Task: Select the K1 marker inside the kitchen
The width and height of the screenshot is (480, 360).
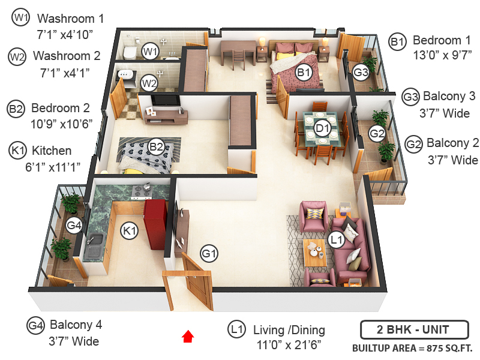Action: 130,231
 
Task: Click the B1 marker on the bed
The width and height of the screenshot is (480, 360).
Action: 304,73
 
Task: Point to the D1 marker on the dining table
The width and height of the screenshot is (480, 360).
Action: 323,128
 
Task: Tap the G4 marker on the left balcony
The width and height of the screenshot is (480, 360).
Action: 74,226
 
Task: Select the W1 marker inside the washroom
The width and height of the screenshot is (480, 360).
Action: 150,52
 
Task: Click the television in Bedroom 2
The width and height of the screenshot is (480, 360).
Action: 164,100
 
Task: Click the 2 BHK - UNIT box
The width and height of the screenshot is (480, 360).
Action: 413,329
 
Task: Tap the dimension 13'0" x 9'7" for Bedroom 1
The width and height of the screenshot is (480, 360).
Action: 440,58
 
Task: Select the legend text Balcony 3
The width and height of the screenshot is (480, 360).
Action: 449,96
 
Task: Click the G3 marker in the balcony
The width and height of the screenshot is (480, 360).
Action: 361,73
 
